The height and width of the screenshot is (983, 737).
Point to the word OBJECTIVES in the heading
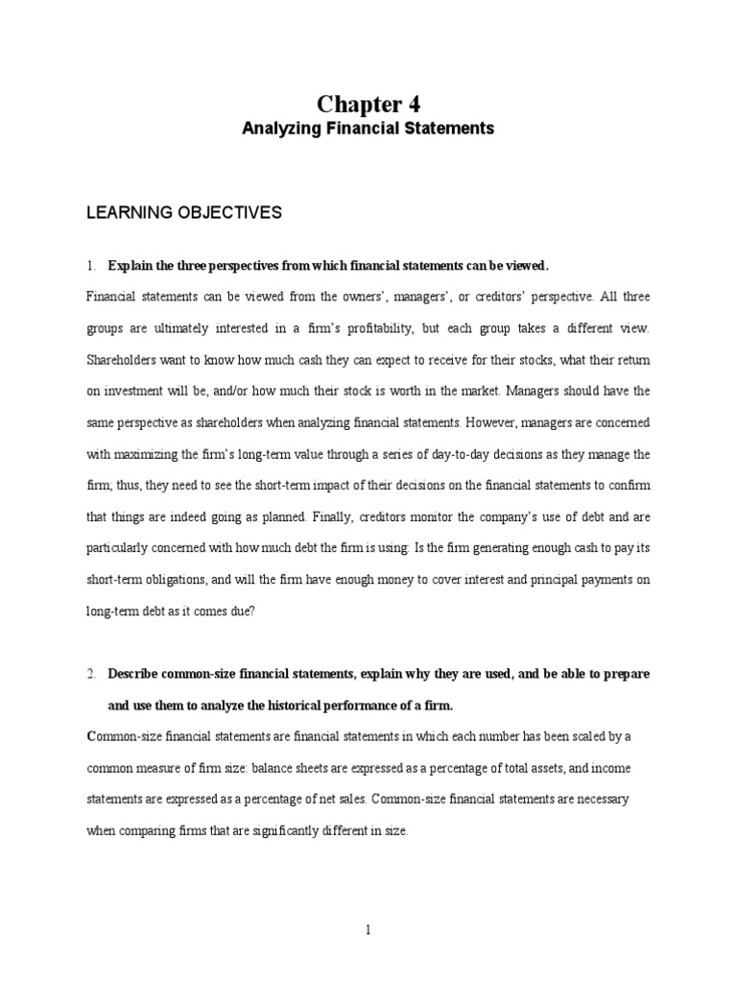pos(231,213)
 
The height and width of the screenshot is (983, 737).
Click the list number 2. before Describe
pos(92,674)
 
